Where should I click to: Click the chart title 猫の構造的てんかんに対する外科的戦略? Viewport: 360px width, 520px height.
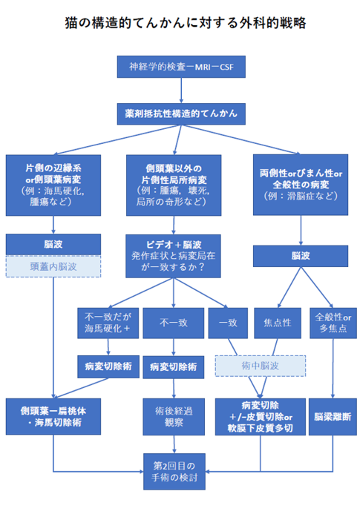pyautogui.click(x=185, y=23)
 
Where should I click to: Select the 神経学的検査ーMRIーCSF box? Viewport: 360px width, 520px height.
pyautogui.click(x=181, y=67)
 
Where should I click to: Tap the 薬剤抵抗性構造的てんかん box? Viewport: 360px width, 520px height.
pyautogui.click(x=181, y=113)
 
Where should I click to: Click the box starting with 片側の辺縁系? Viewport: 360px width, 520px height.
pyautogui.click(x=53, y=185)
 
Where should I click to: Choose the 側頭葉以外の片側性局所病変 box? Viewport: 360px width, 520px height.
pyautogui.click(x=174, y=185)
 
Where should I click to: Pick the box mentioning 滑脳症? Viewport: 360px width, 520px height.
pyautogui.click(x=301, y=185)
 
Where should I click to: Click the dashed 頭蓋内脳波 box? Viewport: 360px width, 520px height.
pyautogui.click(x=53, y=266)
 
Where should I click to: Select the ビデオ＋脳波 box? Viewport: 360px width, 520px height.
pyautogui.click(x=173, y=256)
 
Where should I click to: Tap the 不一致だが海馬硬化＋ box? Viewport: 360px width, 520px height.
pyautogui.click(x=108, y=323)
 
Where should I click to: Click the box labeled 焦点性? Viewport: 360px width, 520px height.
pyautogui.click(x=278, y=323)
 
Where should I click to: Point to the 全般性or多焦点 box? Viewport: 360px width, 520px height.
pyautogui.click(x=333, y=323)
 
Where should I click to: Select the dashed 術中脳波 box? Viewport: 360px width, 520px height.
pyautogui.click(x=261, y=366)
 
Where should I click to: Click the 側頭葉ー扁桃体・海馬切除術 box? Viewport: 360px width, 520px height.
pyautogui.click(x=53, y=417)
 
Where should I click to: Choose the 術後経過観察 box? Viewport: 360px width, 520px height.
pyautogui.click(x=174, y=417)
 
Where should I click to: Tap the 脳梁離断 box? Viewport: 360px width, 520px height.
pyautogui.click(x=333, y=417)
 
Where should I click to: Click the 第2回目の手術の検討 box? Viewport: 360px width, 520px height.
pyautogui.click(x=174, y=472)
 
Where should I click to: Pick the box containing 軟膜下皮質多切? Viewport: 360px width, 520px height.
pyautogui.click(x=261, y=417)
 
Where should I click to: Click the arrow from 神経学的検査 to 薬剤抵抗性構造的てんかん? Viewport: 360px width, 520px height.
pyautogui.click(x=181, y=90)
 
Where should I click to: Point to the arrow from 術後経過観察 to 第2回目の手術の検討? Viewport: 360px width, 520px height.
pyautogui.click(x=174, y=444)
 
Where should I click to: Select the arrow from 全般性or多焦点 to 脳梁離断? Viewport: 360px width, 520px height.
pyautogui.click(x=333, y=369)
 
